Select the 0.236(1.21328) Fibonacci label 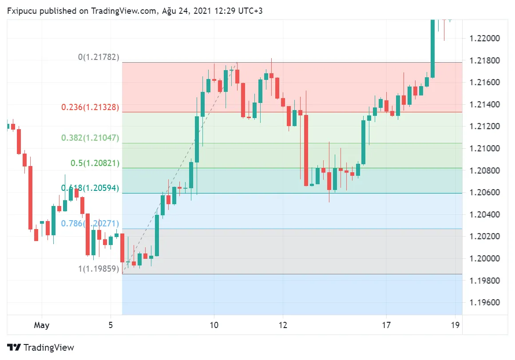[x=90, y=107]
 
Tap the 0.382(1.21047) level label [x=90, y=138]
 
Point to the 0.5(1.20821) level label [x=95, y=163]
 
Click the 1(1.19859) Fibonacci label [x=99, y=269]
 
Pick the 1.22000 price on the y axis [x=484, y=39]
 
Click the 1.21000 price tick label [x=484, y=149]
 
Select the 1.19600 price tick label [x=484, y=303]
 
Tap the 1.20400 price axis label [x=484, y=215]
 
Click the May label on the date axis [x=42, y=325]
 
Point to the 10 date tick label [x=214, y=325]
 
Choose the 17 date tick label [x=386, y=325]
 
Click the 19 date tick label [x=455, y=325]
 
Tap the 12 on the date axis [x=283, y=325]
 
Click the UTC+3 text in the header [x=250, y=11]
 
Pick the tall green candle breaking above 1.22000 [x=432, y=48]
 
